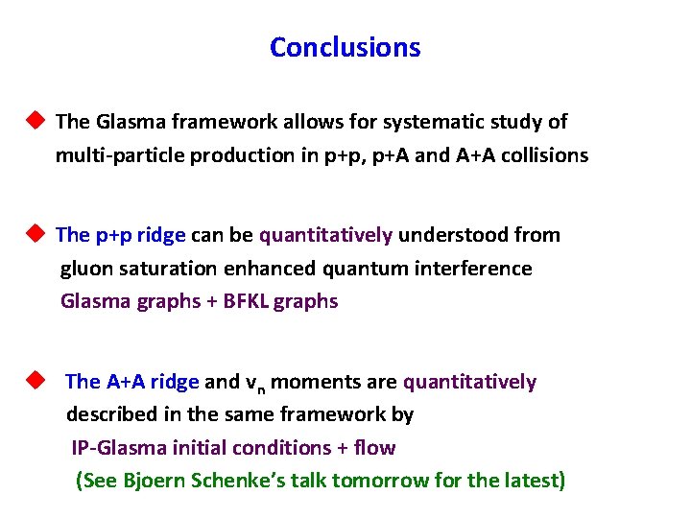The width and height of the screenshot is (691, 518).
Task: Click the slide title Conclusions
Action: [x=345, y=47]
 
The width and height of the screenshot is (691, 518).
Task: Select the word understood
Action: [x=445, y=235]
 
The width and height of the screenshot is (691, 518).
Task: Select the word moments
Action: [x=311, y=382]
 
